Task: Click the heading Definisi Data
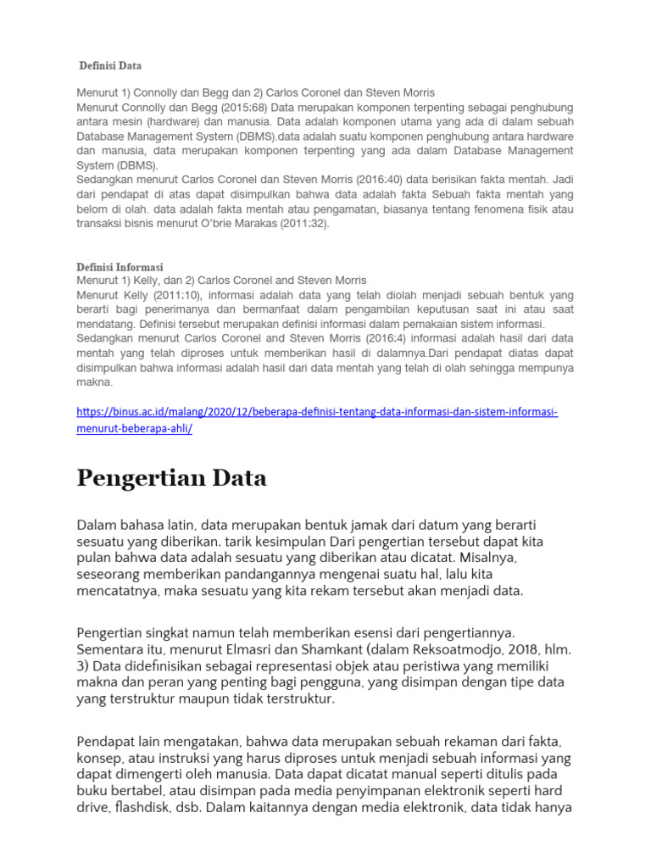(110, 65)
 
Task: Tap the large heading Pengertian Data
(171, 478)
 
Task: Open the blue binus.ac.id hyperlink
(317, 420)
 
